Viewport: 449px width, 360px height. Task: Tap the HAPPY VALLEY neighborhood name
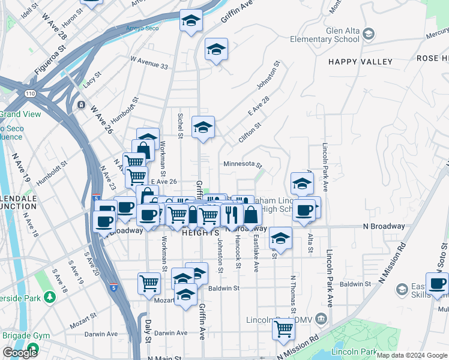coord(360,62)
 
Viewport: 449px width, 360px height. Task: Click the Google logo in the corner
coord(20,353)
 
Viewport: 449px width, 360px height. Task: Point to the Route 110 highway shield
coord(28,94)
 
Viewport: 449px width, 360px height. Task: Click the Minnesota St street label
coord(243,164)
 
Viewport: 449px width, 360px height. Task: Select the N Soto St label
coord(444,255)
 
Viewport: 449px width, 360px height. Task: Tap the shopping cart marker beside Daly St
coord(149,283)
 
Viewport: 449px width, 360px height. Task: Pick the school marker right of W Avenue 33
coord(216,49)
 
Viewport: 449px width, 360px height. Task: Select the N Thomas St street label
coord(294,294)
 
